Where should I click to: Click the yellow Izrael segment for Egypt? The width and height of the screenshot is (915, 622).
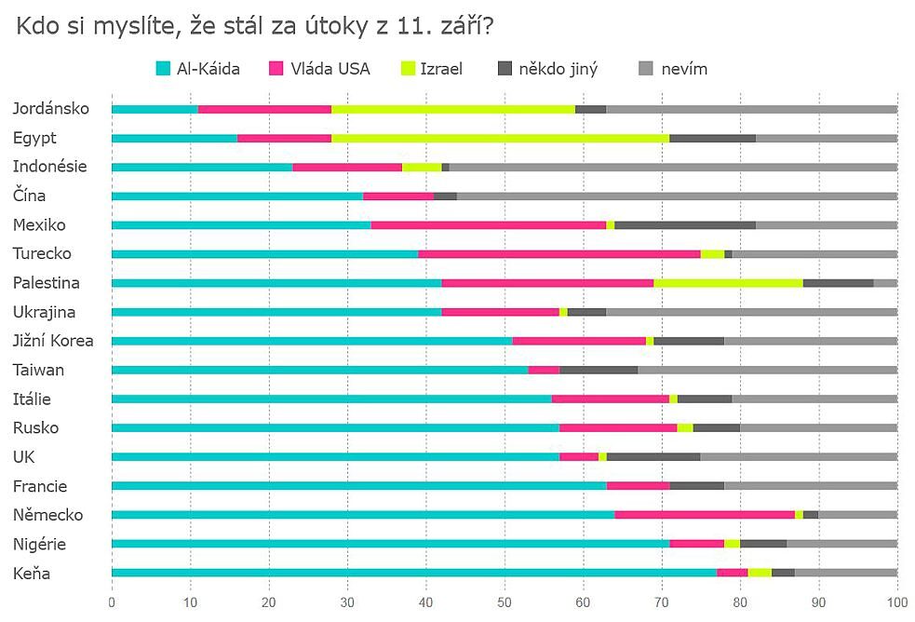click(x=500, y=138)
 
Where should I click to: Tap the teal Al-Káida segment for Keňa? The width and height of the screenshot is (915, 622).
click(x=414, y=573)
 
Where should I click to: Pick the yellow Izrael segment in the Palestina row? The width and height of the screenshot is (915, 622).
click(x=728, y=282)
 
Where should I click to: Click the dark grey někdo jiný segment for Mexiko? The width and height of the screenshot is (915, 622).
click(x=685, y=224)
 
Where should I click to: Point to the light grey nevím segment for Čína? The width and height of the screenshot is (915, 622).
click(x=677, y=196)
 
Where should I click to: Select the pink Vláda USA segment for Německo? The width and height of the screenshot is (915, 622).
click(x=705, y=515)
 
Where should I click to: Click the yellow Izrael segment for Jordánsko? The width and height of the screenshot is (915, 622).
click(x=453, y=109)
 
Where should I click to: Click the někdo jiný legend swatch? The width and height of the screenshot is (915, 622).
click(x=505, y=68)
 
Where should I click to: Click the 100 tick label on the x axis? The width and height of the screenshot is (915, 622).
click(x=896, y=601)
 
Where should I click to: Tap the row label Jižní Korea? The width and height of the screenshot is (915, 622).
click(x=53, y=341)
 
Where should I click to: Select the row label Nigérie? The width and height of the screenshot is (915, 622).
click(x=38, y=544)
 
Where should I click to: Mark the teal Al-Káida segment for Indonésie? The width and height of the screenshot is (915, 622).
click(x=202, y=167)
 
